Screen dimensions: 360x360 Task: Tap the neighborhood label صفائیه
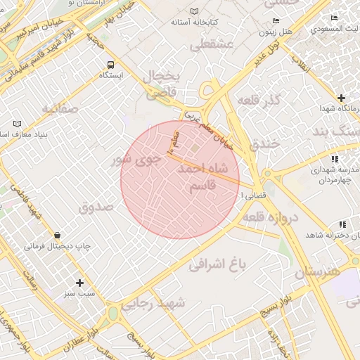click(58, 109)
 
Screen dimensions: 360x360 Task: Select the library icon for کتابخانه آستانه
click(195, 12)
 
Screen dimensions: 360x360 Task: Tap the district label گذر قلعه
click(259, 101)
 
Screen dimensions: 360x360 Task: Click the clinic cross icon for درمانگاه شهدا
click(341, 97)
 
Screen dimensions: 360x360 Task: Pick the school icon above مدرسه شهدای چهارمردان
click(333, 160)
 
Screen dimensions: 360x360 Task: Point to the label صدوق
click(96, 207)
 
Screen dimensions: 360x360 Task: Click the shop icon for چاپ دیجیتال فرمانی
click(57, 236)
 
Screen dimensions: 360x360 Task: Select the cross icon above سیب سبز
click(80, 282)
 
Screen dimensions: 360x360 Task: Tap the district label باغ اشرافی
click(219, 265)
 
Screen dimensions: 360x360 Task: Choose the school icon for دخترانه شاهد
click(341, 226)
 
